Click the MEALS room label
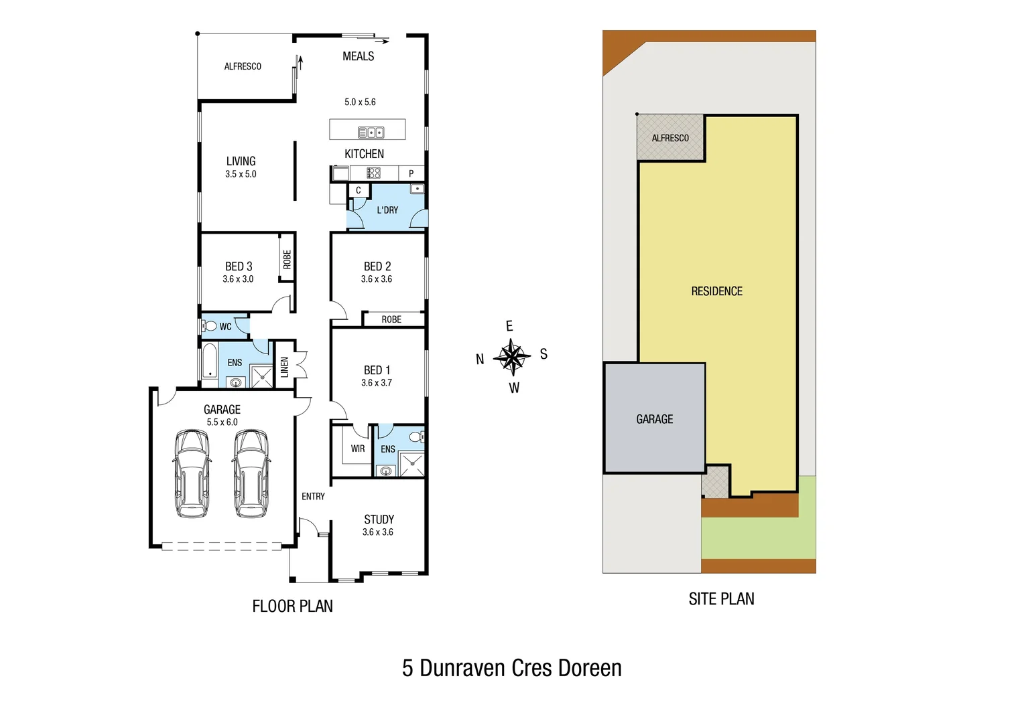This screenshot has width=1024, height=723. coord(358,57)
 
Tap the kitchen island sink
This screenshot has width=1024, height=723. coord(371,133)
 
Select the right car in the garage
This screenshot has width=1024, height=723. coord(252,473)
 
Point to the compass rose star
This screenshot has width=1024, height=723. coord(512,357)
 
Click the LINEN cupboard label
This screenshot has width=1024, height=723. coord(285,367)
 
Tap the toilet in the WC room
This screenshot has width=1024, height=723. coord(210,327)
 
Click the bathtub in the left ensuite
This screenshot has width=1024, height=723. coord(210,361)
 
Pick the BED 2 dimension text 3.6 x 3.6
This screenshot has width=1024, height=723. coord(377,279)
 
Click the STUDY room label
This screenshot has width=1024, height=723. coord(379,519)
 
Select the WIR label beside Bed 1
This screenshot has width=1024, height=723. coord(358,449)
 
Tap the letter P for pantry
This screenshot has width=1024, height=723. coord(411,173)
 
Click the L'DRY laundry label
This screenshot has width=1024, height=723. coord(387,210)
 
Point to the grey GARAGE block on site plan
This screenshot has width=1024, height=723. coord(654,419)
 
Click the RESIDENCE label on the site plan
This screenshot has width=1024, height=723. coord(716,291)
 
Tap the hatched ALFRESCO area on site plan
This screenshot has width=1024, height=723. coord(670,138)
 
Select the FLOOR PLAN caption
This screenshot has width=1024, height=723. coord(292,607)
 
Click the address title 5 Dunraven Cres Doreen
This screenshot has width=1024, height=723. coord(511,668)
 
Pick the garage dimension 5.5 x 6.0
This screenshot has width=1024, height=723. coord(222,422)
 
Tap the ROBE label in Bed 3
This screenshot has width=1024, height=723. coord(287,259)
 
